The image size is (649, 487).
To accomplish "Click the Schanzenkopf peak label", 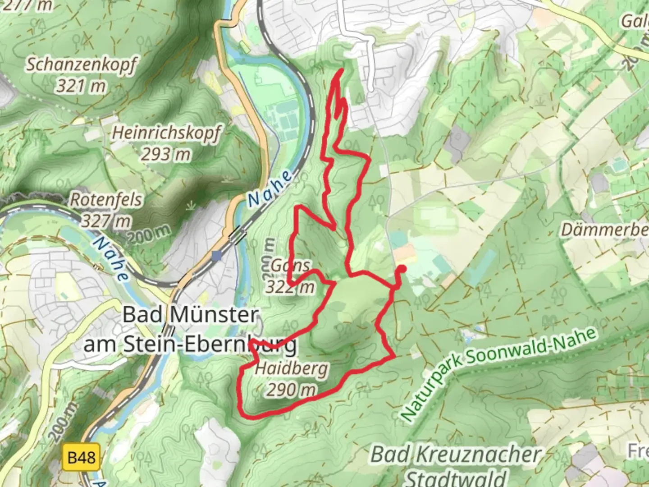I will tap(81, 65).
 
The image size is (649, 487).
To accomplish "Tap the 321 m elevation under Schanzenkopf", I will tap(81, 86).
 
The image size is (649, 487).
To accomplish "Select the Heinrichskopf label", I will tap(166, 133).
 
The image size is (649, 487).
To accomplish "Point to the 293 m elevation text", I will tap(166, 155).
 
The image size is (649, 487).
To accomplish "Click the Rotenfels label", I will tap(106, 200).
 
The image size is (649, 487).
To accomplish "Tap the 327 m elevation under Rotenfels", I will tap(106, 221).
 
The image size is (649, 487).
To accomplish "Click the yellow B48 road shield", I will tap(82, 458).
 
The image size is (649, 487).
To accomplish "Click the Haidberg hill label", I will tap(291, 369).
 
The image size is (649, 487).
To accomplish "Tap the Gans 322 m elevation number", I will tap(290, 287).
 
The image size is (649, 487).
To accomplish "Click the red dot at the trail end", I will tap(401, 269).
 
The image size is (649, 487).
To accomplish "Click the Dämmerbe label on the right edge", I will tap(604, 230).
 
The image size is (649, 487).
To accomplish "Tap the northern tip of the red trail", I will tap(341, 69).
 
